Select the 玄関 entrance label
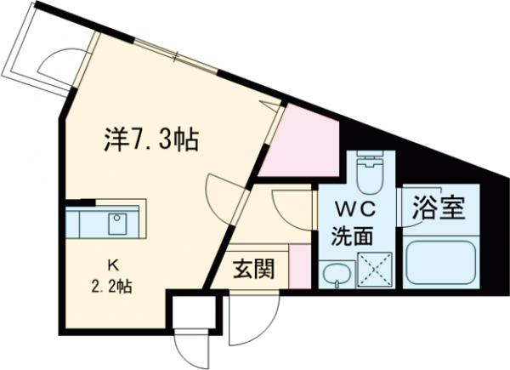coord(254,270)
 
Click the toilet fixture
coord(370,174)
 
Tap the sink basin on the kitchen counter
coord(116,224)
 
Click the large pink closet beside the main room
coord(299,142)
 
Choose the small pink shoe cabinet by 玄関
coord(297,265)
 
